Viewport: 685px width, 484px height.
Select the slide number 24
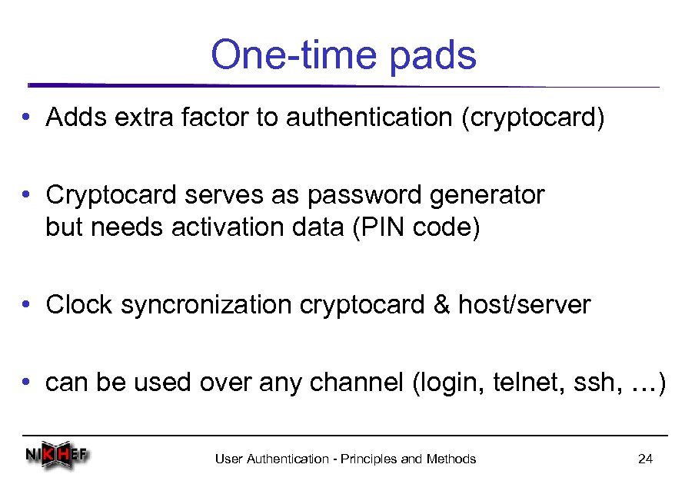click(645, 459)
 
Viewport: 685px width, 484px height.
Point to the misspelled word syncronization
click(207, 306)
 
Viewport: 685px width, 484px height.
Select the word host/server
click(524, 305)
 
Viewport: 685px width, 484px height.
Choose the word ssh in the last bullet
click(594, 383)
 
